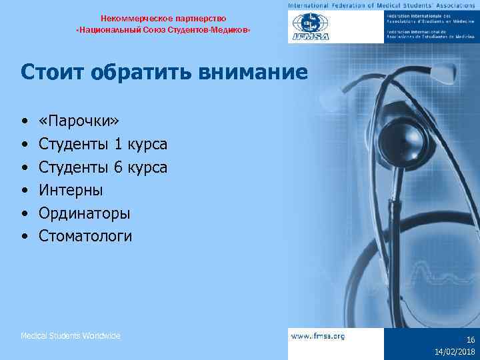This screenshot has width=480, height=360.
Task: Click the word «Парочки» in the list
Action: point(79,121)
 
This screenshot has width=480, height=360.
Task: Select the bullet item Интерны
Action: point(71,190)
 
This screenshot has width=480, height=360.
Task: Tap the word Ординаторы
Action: point(85,213)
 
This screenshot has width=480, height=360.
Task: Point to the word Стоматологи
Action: point(85,235)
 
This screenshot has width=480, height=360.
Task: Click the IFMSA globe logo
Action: point(310,27)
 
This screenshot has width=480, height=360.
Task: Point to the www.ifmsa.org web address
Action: point(318,336)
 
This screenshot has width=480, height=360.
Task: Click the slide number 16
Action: point(470,339)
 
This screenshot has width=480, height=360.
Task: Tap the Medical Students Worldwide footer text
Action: point(71,336)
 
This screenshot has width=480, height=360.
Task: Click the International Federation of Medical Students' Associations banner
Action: point(383,5)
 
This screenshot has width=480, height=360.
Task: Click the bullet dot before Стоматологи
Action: point(24,236)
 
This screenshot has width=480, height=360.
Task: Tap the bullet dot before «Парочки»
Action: point(24,122)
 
